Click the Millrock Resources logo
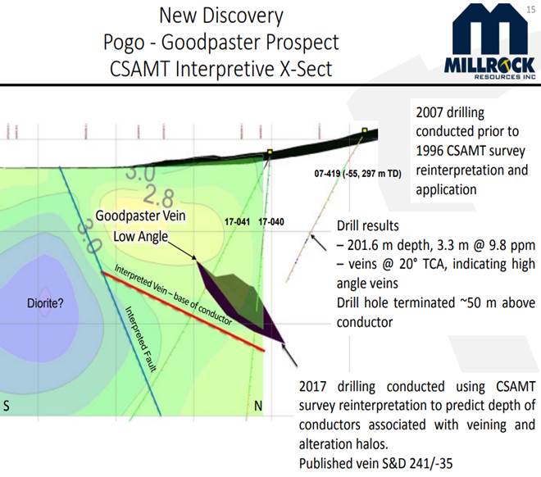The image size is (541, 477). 490,42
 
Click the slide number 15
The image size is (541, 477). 531,9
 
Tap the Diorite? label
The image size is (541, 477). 45,303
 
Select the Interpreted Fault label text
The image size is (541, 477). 140,339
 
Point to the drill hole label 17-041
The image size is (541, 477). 237,222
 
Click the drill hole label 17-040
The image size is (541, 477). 271,222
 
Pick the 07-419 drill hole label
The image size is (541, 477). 357,174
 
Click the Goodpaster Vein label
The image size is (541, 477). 140,216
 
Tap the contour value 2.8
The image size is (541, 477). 158,196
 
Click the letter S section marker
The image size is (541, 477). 7,406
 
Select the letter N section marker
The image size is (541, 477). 258,406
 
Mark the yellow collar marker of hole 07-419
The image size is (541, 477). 365,130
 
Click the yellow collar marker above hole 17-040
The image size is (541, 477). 270,152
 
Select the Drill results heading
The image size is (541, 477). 368,226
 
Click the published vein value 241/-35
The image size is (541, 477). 431,464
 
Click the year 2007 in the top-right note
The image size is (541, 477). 429,112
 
